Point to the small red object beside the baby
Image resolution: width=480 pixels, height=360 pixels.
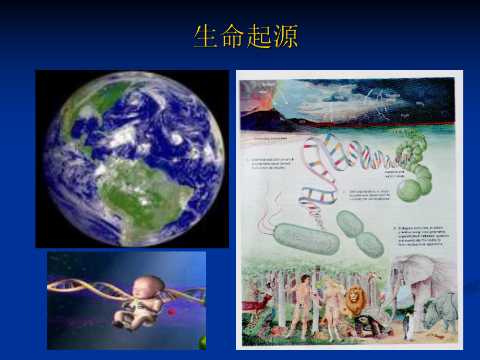[172, 311]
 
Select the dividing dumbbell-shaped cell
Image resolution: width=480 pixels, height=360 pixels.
[359, 233]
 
